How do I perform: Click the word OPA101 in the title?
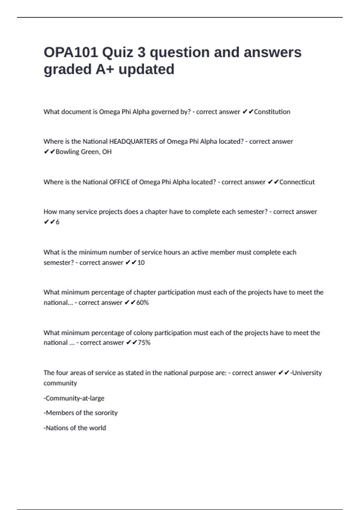[71, 52]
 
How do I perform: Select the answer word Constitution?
[272, 112]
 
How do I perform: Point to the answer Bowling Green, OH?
[83, 152]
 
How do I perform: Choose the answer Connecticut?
[297, 182]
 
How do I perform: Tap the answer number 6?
[58, 222]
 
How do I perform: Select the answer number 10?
[141, 262]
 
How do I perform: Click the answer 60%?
[142, 302]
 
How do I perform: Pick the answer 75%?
[144, 343]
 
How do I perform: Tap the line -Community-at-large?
[74, 398]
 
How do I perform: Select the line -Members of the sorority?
[80, 413]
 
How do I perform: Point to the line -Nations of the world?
[75, 428]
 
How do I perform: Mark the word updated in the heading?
[146, 69]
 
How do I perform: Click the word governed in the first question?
[165, 112]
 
